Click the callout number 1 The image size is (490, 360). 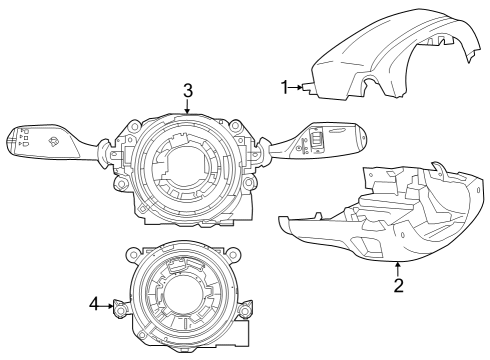[x=285, y=88]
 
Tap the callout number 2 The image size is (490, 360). [x=398, y=286]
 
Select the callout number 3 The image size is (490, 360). [x=187, y=90]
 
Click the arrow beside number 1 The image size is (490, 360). [x=298, y=88]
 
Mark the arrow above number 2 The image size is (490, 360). [x=398, y=268]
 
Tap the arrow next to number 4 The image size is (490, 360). [x=110, y=304]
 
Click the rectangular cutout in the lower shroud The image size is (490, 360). [x=365, y=244]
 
